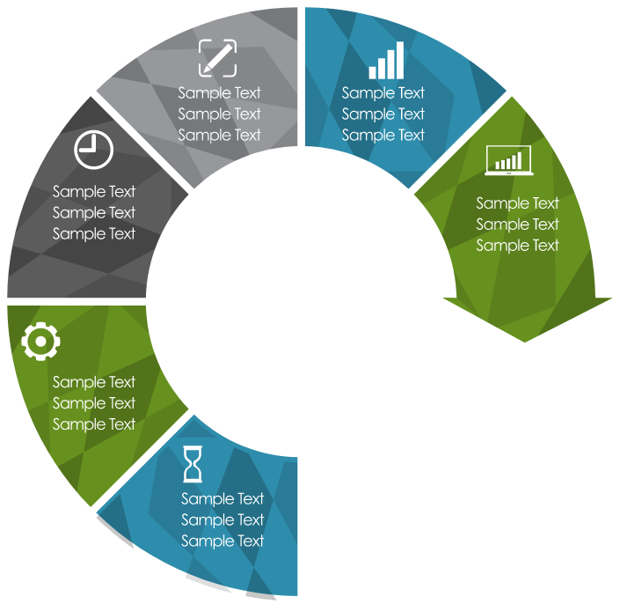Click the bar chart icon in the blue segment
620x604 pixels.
point(387,61)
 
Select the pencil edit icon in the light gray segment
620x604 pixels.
point(217,58)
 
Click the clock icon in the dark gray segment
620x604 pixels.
point(94,150)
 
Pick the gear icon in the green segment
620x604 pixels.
point(40,342)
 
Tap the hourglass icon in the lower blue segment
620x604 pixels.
point(193,465)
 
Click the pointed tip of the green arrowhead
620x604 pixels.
point(526,343)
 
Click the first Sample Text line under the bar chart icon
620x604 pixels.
point(383,93)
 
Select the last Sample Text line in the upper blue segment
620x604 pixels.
point(383,136)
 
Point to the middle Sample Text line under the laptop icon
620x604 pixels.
point(518,225)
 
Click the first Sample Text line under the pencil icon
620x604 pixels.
point(220,93)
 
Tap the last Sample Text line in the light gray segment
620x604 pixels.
point(220,136)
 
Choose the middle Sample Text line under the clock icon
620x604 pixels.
point(94,213)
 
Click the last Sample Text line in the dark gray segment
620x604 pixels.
point(94,234)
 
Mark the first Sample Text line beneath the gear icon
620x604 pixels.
point(94,382)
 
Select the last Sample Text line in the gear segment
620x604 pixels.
point(94,424)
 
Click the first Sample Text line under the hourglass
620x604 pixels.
point(222,499)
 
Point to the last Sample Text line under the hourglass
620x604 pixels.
point(222,541)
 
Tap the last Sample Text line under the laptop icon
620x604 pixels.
point(518,246)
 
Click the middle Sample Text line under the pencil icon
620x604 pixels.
point(220,114)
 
